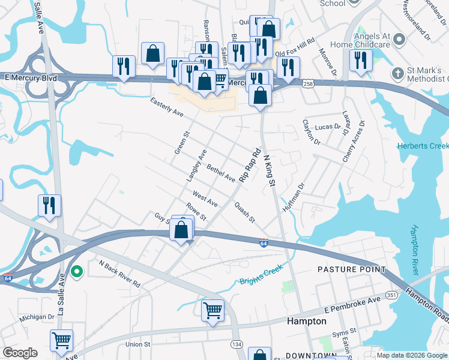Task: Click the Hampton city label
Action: (306, 321)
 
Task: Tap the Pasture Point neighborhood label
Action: (352, 270)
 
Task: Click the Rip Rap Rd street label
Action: (251, 166)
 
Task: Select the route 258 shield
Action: (307, 83)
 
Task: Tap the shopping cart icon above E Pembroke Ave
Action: (212, 311)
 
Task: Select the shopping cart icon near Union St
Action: (61, 340)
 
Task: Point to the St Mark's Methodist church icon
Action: (396, 73)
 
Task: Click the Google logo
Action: (20, 353)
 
